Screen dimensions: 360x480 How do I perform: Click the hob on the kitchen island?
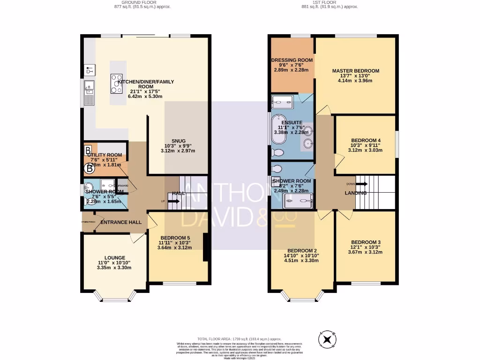(x=116, y=84)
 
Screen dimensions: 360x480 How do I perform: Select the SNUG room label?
(x=178, y=141)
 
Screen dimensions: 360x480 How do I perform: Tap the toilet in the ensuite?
(x=277, y=152)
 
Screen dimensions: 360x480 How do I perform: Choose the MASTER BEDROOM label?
(x=355, y=71)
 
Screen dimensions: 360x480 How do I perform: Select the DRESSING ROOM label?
(x=292, y=60)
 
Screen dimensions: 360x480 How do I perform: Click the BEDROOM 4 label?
(x=366, y=140)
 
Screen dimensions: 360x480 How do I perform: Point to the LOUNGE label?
(x=114, y=257)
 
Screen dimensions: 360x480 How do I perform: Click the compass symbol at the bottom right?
(x=327, y=339)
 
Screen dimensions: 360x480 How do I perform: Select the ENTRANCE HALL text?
(x=121, y=222)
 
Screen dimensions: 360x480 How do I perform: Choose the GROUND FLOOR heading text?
(x=142, y=3)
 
